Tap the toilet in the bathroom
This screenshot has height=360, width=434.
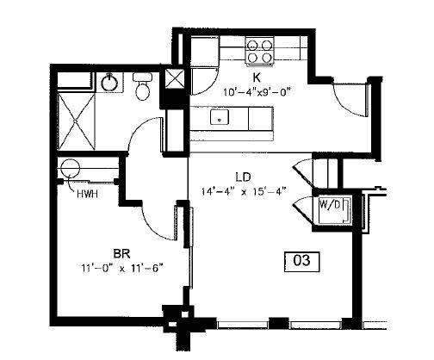click(142, 85)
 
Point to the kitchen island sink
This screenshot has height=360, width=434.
click(220, 118)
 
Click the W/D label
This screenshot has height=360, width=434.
click(330, 207)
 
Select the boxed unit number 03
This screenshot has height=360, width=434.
click(301, 259)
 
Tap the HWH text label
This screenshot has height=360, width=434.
click(86, 194)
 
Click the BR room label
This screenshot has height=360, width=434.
click(121, 253)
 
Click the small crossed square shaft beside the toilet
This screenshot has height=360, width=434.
click(174, 81)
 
